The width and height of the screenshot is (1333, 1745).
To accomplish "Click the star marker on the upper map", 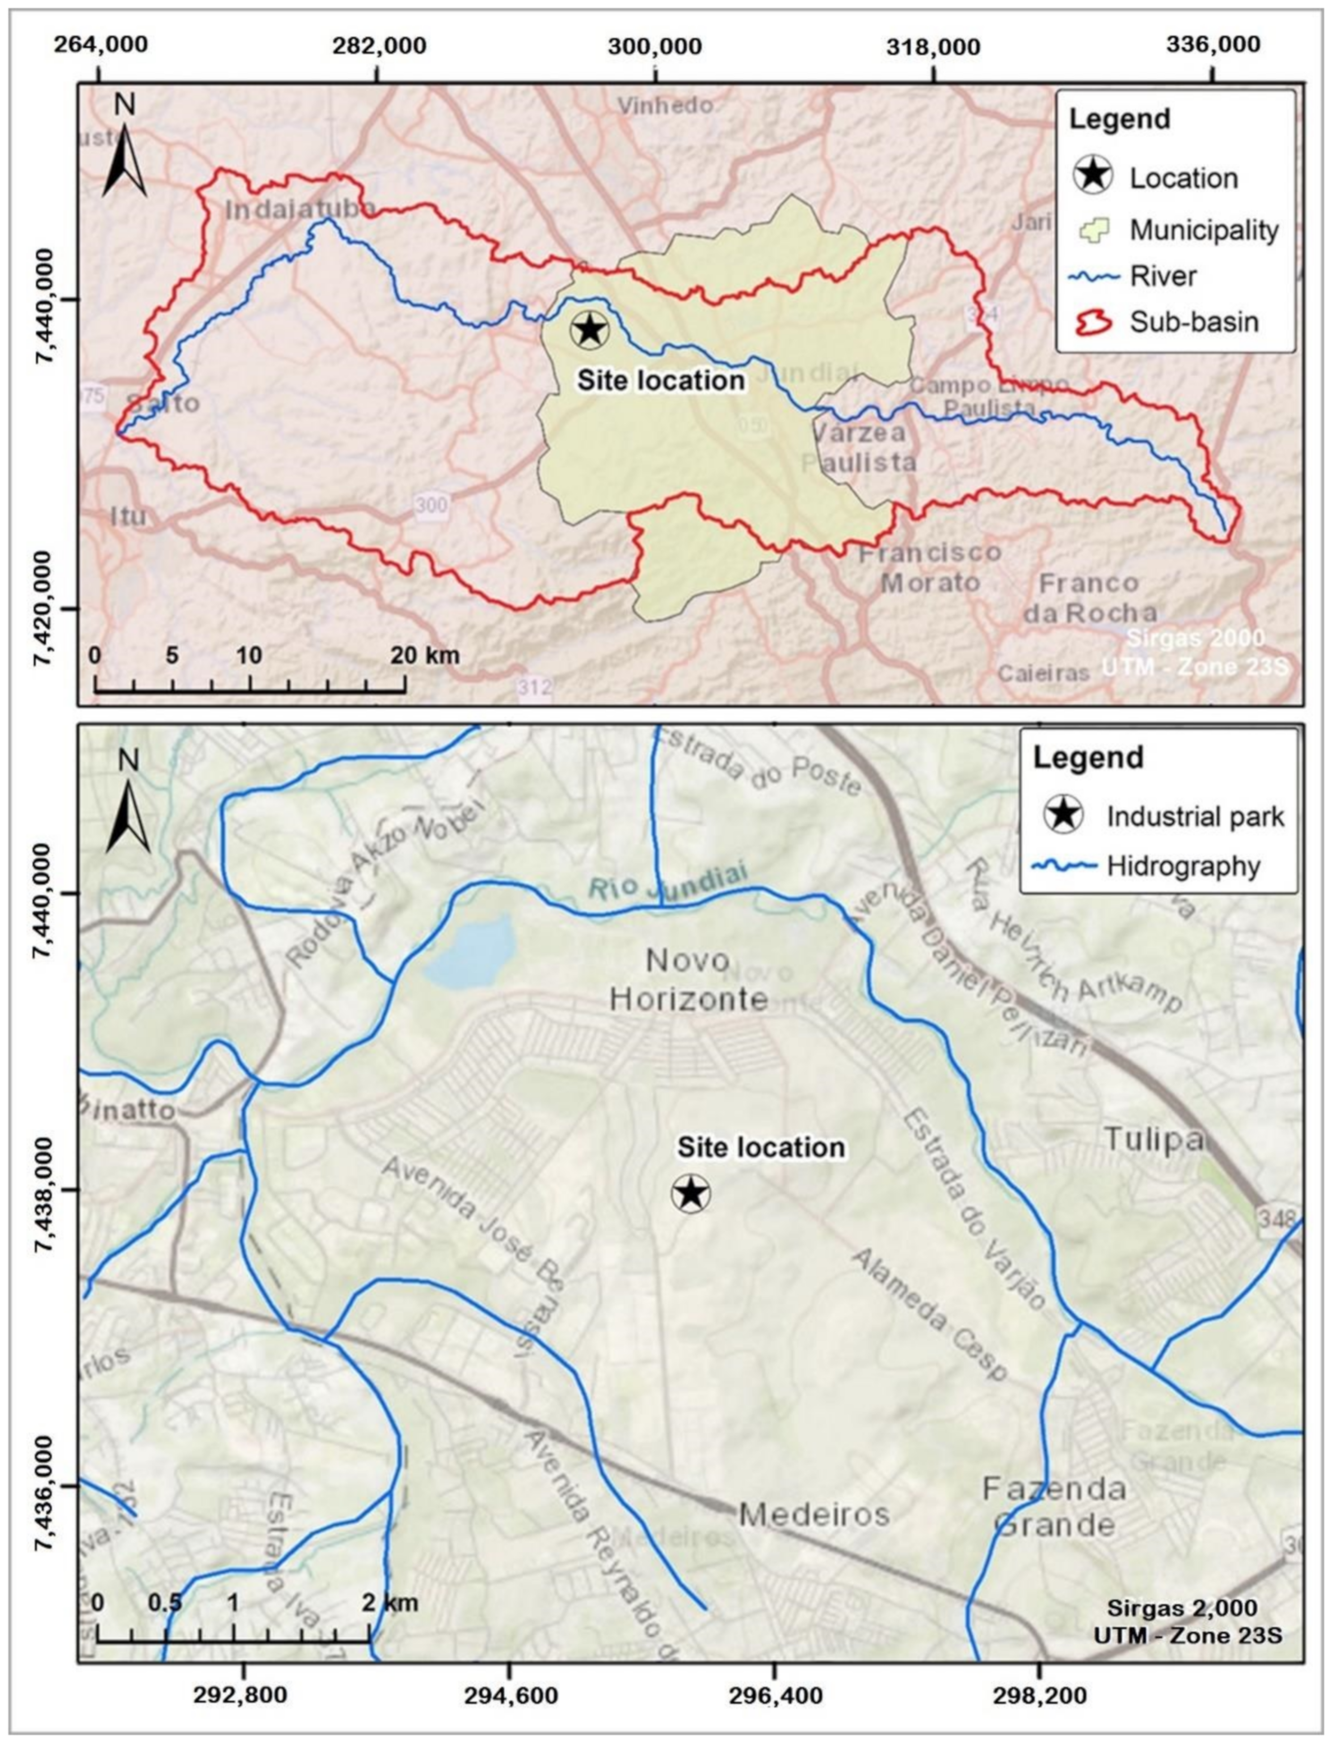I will tap(589, 329).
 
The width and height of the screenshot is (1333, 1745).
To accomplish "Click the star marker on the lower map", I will tap(690, 1193).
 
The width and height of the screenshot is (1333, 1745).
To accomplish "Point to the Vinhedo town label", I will tap(665, 105).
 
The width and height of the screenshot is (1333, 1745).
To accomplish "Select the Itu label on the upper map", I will tap(128, 517).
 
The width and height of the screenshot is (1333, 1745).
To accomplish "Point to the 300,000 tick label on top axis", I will tap(655, 45).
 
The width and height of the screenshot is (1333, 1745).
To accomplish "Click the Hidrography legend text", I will tap(1183, 866).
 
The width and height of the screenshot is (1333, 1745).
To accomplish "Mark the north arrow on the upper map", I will tap(125, 149).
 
